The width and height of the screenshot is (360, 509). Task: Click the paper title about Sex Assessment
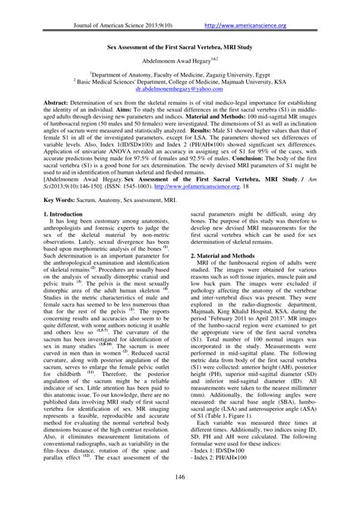tap(179, 46)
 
